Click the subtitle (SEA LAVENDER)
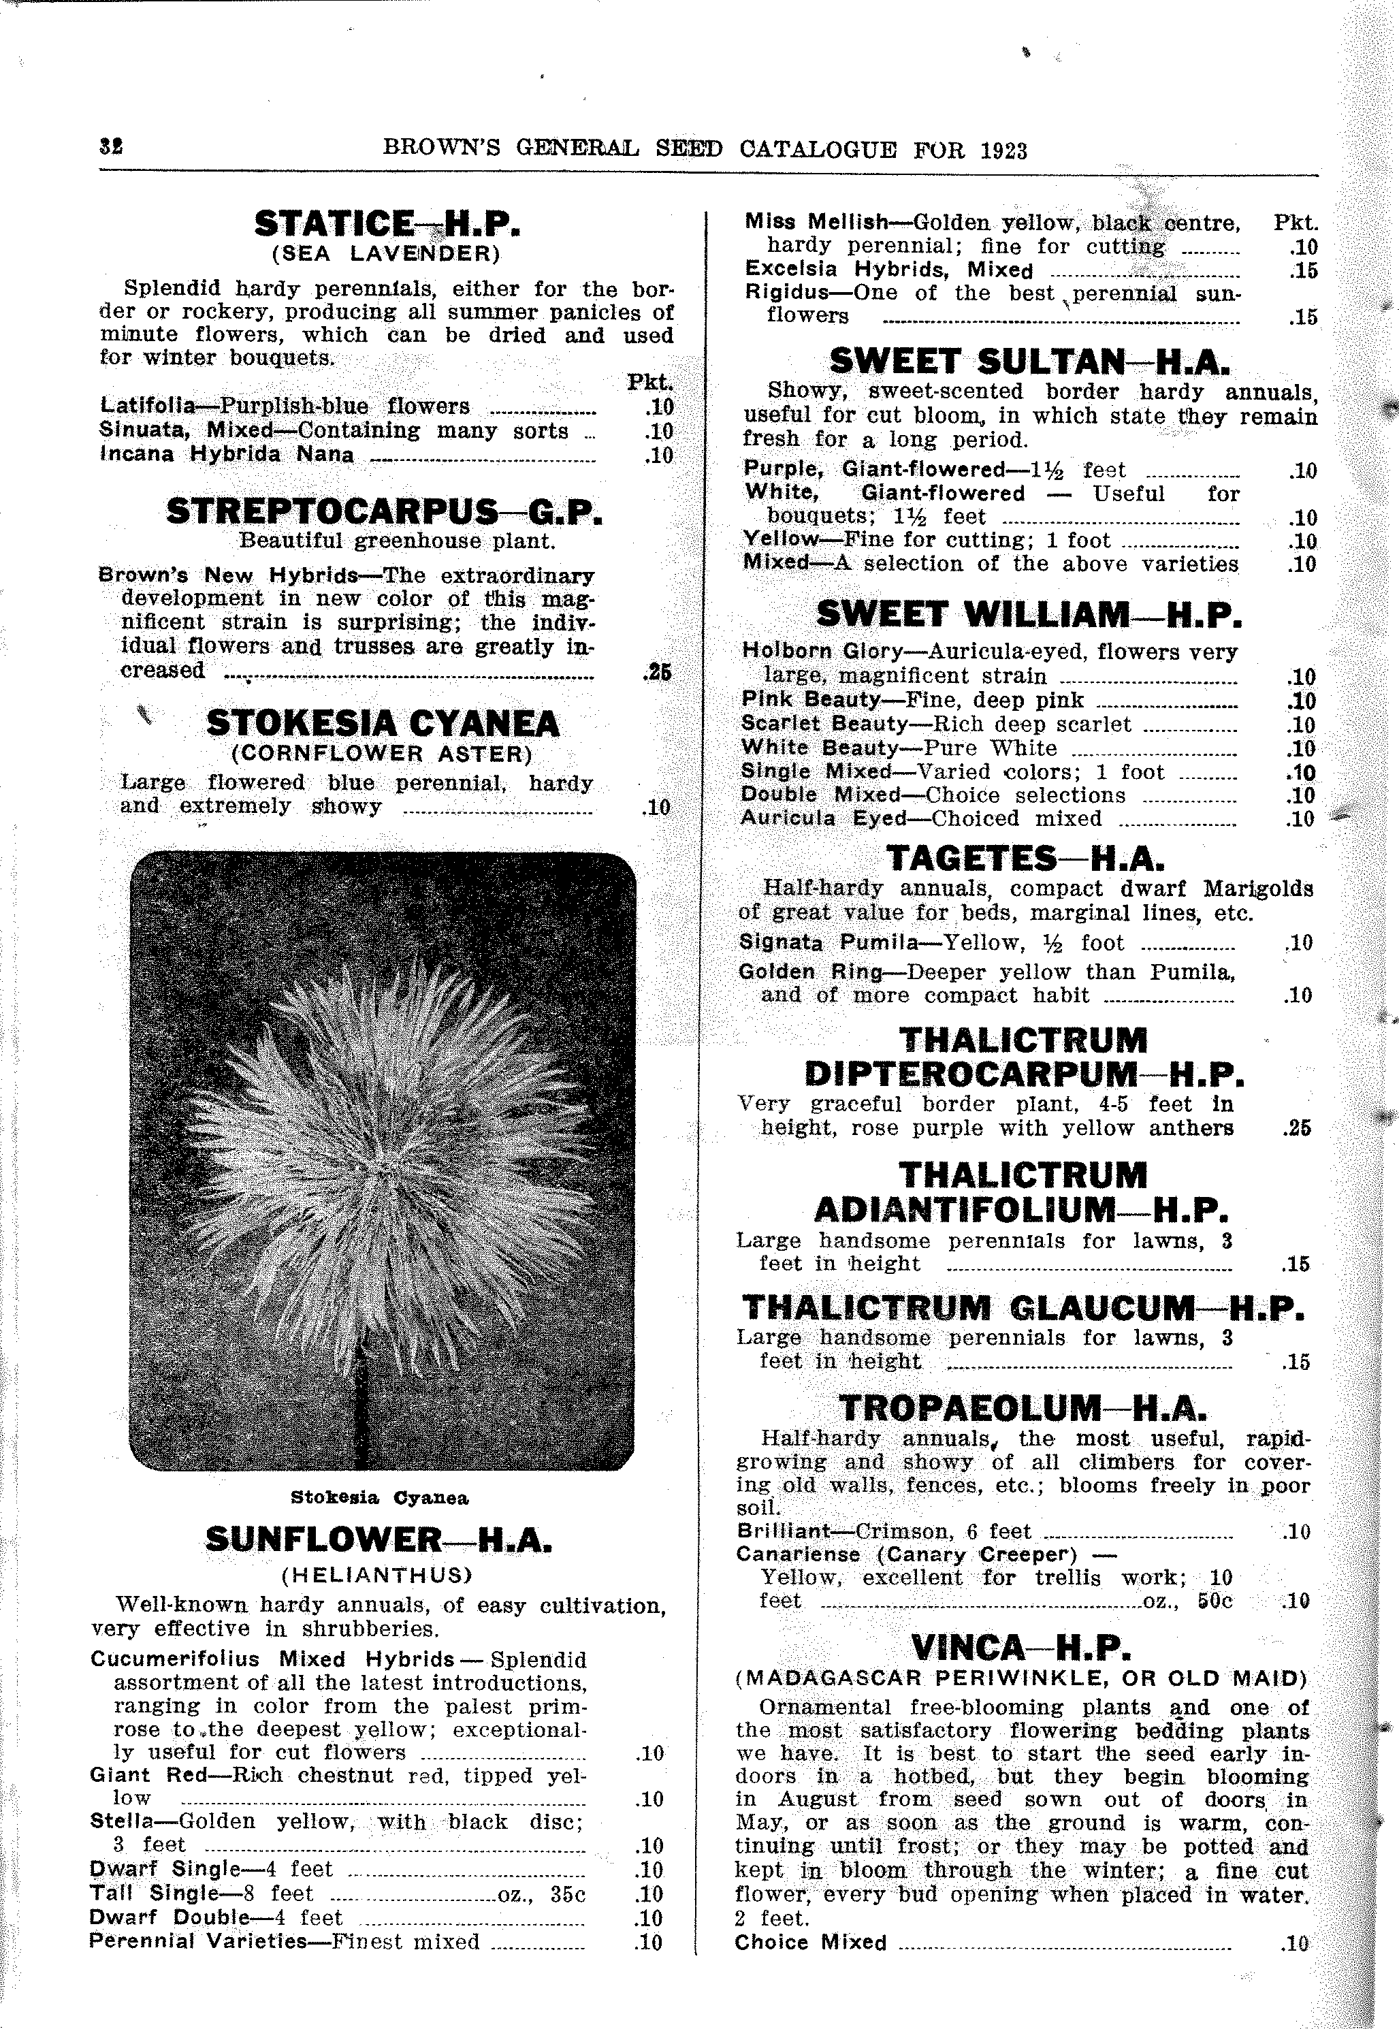[387, 254]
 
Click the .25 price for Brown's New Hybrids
[656, 672]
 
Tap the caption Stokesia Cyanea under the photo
[380, 1498]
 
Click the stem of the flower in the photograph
[360, 1411]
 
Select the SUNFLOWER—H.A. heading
[379, 1540]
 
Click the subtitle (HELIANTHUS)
[377, 1575]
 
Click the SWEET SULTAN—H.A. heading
[1029, 361]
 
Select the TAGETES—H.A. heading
[1024, 858]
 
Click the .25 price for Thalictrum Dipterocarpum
[1296, 1128]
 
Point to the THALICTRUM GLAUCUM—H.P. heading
[1023, 1309]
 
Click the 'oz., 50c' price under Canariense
[1189, 1601]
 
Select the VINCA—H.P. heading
[1021, 1648]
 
